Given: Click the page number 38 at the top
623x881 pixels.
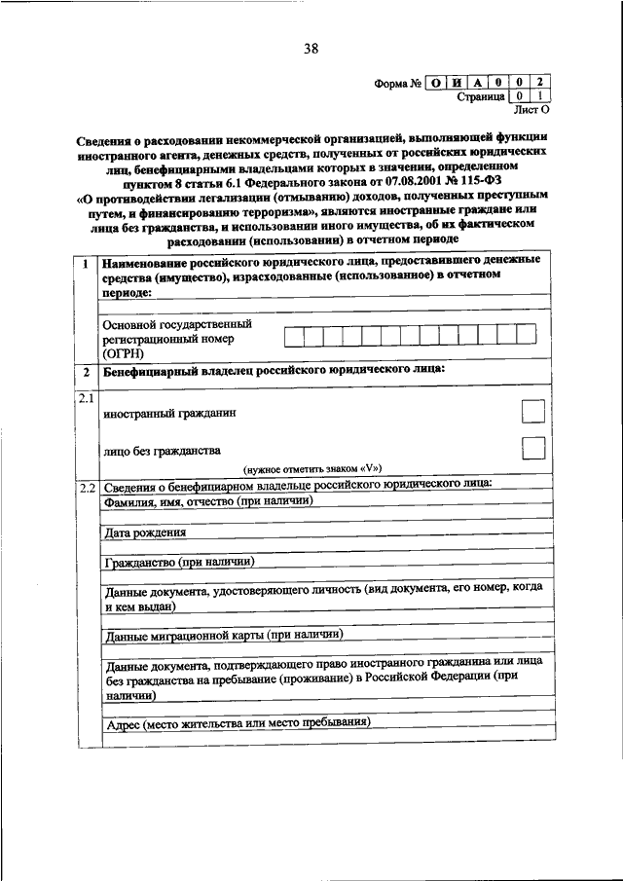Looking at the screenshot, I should click(x=311, y=49).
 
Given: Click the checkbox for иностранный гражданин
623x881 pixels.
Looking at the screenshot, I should click(x=532, y=413).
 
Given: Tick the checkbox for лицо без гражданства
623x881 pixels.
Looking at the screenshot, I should click(x=532, y=449).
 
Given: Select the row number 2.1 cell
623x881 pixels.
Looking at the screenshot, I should click(x=86, y=398).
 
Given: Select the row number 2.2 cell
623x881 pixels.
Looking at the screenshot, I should click(x=86, y=485).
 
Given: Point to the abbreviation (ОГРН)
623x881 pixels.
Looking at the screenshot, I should click(x=122, y=353).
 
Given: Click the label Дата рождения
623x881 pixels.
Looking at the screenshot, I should click(x=145, y=532).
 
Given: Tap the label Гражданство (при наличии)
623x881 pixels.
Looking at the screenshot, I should click(x=178, y=562).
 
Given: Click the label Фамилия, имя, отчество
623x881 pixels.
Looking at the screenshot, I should click(x=207, y=501).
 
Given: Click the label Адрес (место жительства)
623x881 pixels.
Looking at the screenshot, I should click(x=238, y=723).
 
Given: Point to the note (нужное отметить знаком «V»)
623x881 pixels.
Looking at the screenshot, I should click(x=312, y=467).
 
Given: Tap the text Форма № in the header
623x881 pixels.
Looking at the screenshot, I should click(x=396, y=82).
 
